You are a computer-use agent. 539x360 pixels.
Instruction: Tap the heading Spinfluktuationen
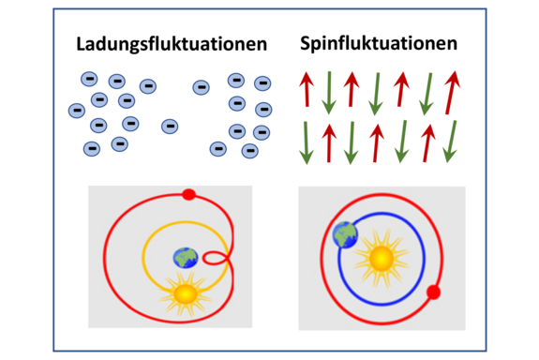pos(379,43)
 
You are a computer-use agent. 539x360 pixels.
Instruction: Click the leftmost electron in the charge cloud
pos(77,111)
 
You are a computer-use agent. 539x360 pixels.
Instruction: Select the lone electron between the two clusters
pos(170,126)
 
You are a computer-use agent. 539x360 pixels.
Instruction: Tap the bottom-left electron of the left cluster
pos(92,148)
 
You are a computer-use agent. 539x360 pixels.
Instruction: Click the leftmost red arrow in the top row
pos(307,90)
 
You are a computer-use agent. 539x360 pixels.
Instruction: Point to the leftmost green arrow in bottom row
pos(306,142)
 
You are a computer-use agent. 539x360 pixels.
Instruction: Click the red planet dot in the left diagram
pos(188,195)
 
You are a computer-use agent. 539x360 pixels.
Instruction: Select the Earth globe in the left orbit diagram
pos(186,258)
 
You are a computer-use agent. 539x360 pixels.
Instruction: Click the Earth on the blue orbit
pos(346,235)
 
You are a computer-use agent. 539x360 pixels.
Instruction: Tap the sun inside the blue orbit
pos(382,258)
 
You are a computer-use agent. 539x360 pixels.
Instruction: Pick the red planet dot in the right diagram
pos(434,292)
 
